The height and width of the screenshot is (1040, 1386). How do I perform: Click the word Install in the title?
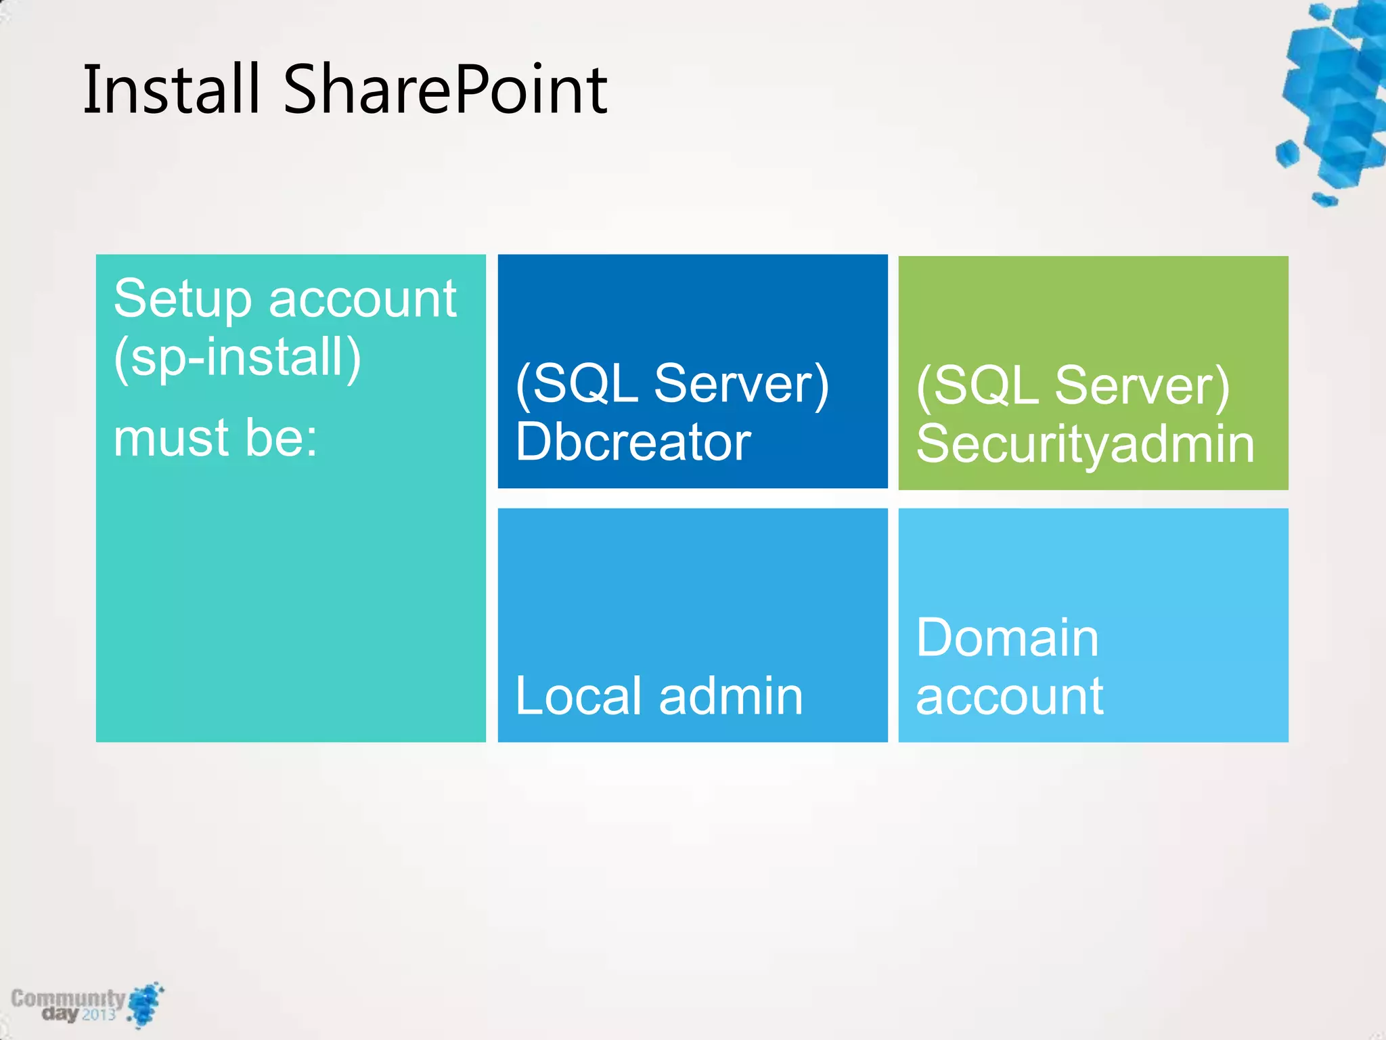click(x=171, y=89)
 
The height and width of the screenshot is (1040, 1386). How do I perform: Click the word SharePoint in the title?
click(x=445, y=89)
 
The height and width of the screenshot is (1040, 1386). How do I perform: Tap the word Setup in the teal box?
click(x=183, y=299)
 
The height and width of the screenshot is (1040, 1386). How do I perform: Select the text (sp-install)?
click(x=237, y=357)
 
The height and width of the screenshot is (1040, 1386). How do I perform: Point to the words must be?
click(x=215, y=438)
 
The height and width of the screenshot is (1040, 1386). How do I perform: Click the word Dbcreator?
click(x=633, y=442)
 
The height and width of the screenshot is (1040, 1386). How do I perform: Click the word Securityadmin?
click(x=1086, y=445)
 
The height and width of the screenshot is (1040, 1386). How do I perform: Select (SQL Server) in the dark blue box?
click(x=671, y=384)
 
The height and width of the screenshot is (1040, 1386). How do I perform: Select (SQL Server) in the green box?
click(x=1073, y=386)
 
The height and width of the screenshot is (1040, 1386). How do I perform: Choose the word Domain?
click(x=1007, y=638)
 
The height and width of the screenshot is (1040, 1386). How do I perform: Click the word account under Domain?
click(x=1009, y=697)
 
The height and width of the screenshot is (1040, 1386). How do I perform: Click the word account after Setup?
click(x=362, y=299)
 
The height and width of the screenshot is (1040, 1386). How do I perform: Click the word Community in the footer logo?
click(x=68, y=998)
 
